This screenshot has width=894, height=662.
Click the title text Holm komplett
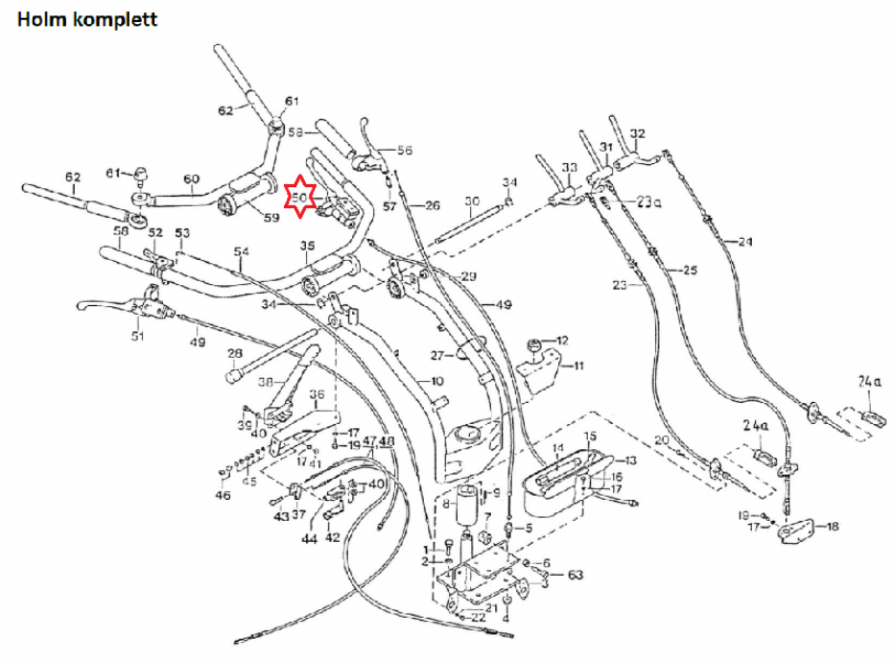[x=87, y=18]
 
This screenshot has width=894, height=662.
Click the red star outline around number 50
[x=300, y=197]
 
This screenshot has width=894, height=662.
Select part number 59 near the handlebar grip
[x=271, y=217]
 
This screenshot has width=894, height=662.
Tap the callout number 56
[x=404, y=150]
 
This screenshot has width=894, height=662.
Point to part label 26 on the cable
[x=432, y=204]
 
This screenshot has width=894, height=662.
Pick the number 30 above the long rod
[x=471, y=201]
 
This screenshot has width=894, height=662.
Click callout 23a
[x=649, y=201]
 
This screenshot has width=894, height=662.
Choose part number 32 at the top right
[x=638, y=133]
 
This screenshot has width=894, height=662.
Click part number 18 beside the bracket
[x=832, y=525]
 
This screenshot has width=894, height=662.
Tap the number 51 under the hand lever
[x=137, y=337]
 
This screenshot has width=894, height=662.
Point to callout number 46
[x=223, y=495]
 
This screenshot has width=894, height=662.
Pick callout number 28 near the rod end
[x=234, y=354]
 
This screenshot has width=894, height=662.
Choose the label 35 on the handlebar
[x=307, y=246]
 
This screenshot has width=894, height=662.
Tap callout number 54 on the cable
[x=241, y=251]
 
